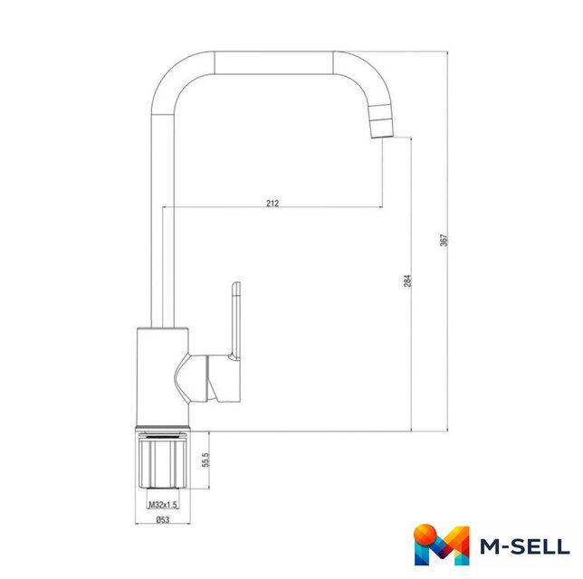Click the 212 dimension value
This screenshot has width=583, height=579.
point(272,203)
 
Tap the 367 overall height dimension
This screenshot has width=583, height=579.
point(444,240)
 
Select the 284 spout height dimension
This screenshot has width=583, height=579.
point(407,280)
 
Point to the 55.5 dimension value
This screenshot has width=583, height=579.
point(206,460)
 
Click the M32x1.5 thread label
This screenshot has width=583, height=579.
point(163,504)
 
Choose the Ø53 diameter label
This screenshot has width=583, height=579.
point(162,519)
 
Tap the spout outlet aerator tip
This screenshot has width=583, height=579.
point(381,121)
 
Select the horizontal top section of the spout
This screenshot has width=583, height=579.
point(273,62)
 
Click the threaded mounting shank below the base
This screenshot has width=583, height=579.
point(162,460)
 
